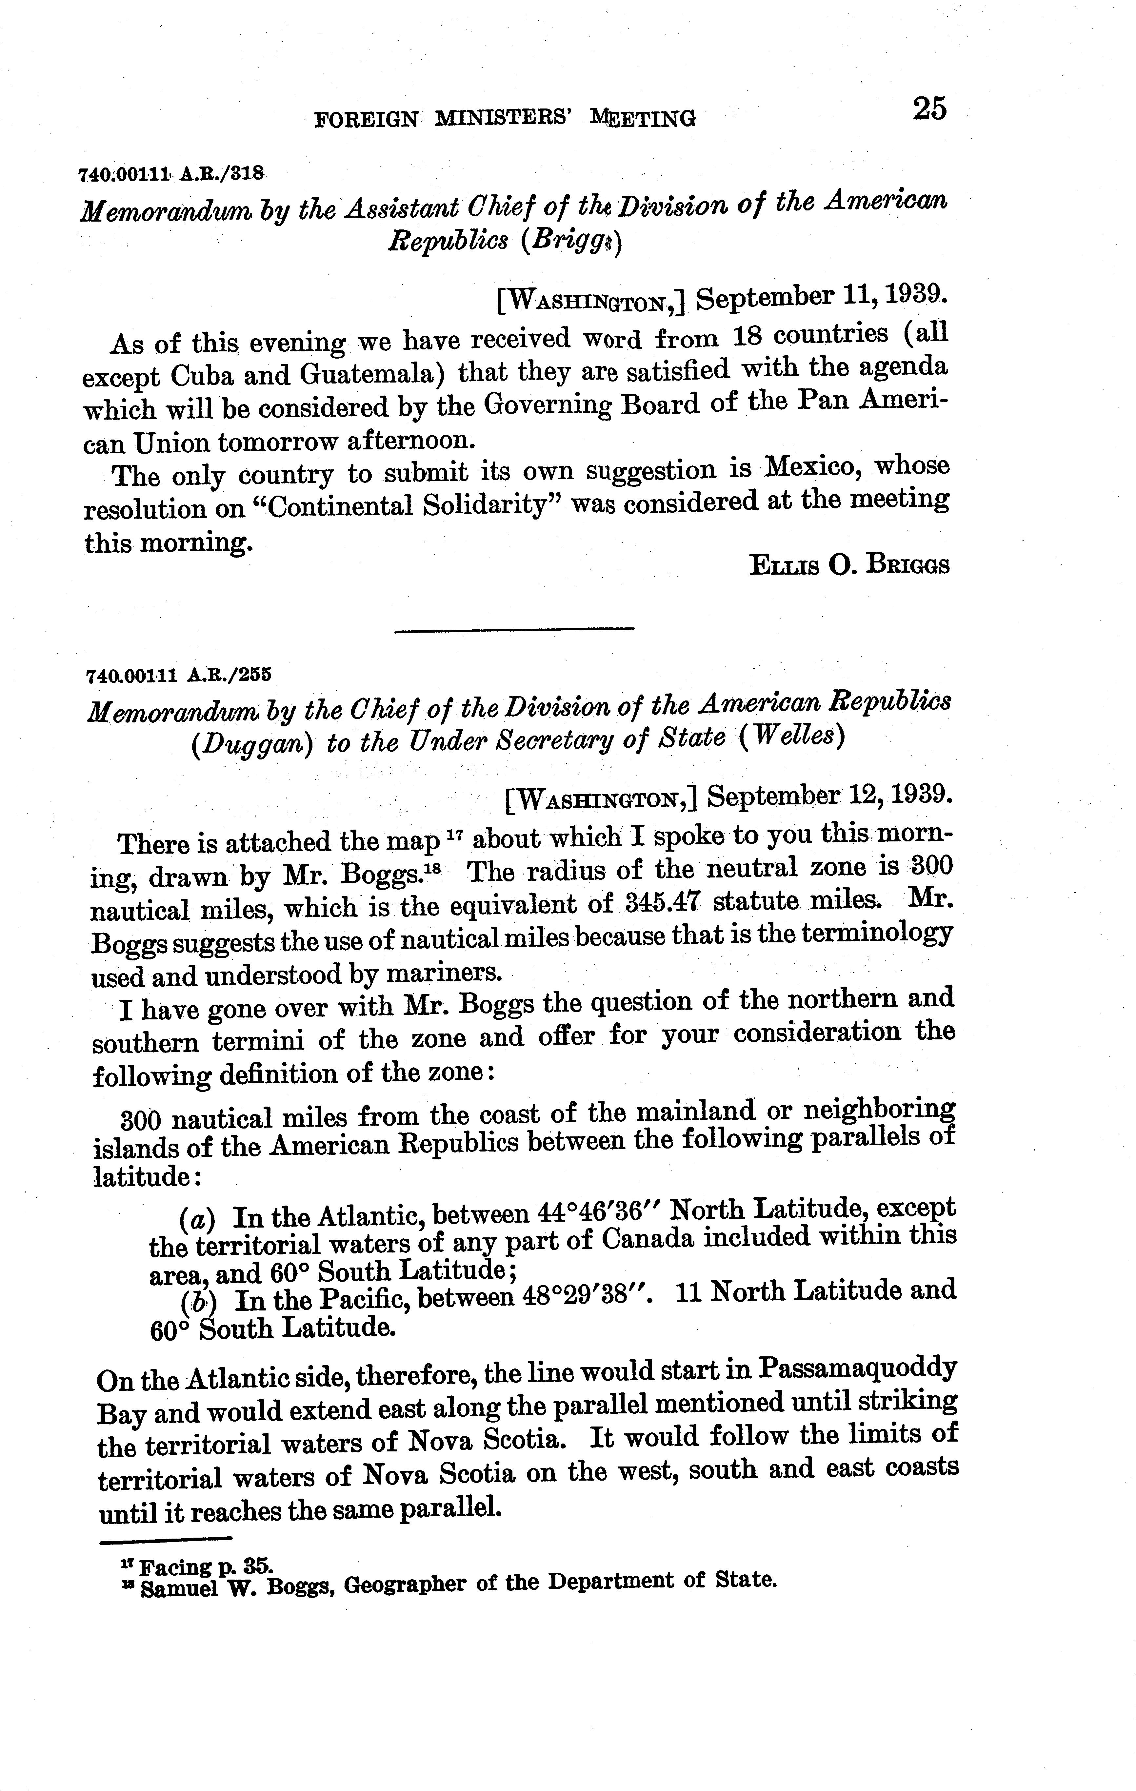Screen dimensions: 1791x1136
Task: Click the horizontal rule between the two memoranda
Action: pos(513,631)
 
